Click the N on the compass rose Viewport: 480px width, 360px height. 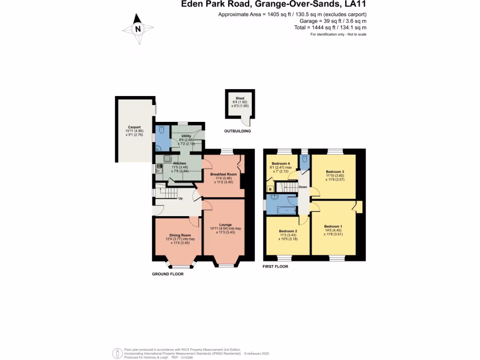pos(138,29)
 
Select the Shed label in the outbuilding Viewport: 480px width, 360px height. pos(240,98)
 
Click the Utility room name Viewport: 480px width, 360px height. pos(187,135)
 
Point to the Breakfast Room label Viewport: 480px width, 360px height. pos(223,174)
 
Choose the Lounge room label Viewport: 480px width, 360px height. pos(225,225)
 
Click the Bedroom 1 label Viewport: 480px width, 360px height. pos(333,226)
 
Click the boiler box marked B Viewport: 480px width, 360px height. pos(270,189)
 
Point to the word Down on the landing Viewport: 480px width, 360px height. pos(303,187)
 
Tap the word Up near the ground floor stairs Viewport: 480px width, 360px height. pos(180,198)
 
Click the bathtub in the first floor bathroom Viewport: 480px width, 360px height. pos(284,210)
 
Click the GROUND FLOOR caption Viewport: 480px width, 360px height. pos(167,274)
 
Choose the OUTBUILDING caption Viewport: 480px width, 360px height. pos(237,131)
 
